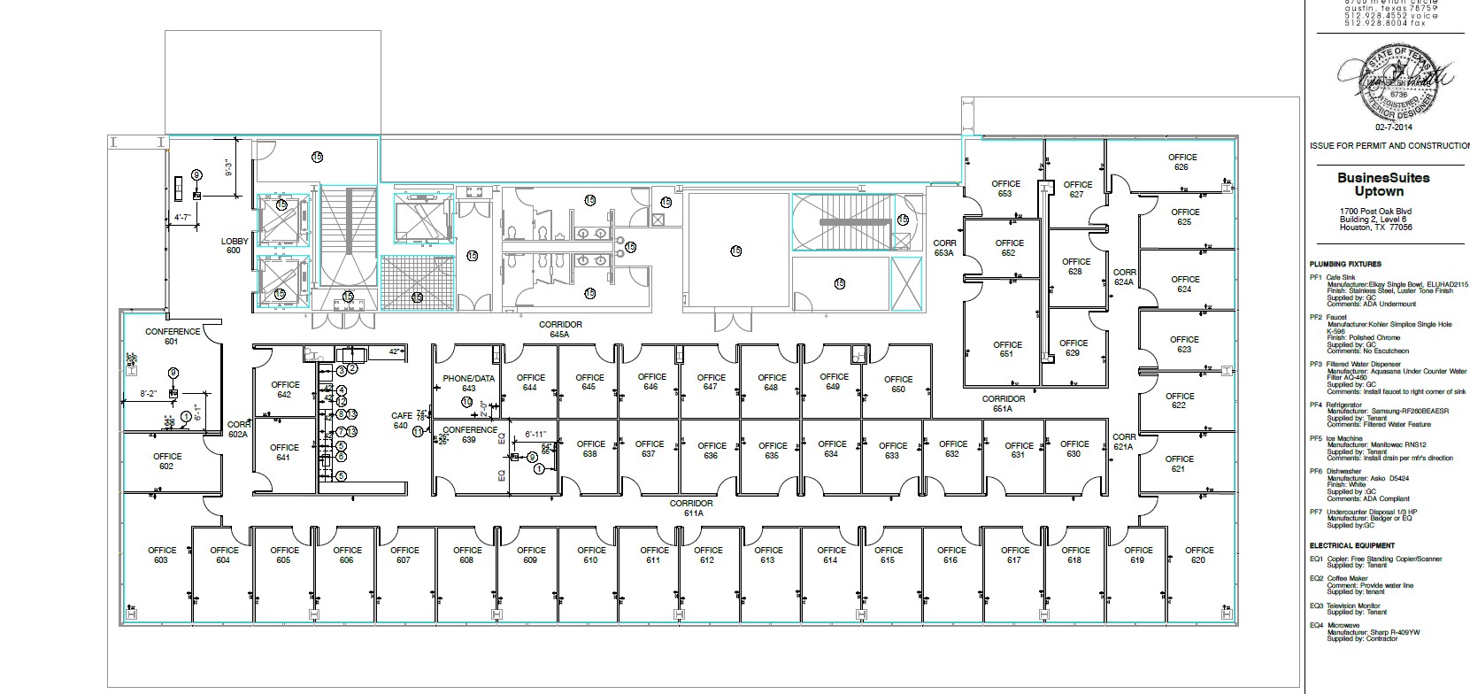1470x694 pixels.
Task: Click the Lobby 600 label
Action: tap(235, 246)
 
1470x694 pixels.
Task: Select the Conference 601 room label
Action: tap(173, 336)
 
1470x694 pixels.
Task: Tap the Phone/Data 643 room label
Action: tap(468, 383)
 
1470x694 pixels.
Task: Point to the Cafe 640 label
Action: tap(401, 420)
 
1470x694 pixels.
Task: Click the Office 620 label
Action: tap(1199, 555)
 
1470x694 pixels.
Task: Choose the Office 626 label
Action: tap(1181, 162)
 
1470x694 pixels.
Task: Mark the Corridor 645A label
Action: tap(559, 330)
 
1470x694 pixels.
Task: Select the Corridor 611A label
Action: tap(692, 508)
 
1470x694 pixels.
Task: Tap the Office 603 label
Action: tap(162, 555)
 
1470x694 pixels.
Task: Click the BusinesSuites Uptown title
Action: tap(1382, 184)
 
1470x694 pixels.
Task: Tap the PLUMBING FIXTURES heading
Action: tap(1345, 264)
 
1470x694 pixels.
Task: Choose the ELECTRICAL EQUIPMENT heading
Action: tap(1351, 545)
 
